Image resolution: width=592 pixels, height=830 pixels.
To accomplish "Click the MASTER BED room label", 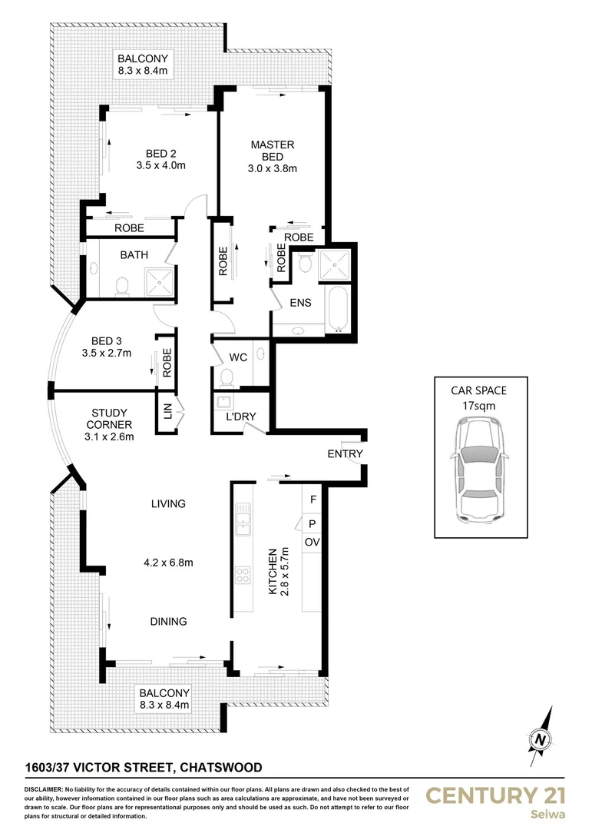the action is coord(272,151).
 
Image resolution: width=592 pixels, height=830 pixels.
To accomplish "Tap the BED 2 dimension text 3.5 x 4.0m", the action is coord(161,165).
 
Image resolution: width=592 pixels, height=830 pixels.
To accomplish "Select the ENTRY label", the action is coord(345,454).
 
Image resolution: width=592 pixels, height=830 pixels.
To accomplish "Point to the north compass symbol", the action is coord(543,739).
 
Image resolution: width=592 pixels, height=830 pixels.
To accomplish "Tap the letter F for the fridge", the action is coord(312,499).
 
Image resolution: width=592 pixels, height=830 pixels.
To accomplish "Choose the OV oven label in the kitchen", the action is coord(312,543).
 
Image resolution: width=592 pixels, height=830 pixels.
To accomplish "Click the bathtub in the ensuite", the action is coord(338,308).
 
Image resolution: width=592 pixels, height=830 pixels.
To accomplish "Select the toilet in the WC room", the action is coord(226,376).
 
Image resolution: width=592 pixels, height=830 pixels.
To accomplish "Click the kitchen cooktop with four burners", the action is coord(243,575).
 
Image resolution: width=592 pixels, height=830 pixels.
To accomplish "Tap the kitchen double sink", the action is coord(243,519).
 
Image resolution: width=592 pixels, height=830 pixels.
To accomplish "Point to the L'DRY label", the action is coord(240,417).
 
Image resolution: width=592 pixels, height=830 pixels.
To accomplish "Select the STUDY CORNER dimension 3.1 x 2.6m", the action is coord(108,437).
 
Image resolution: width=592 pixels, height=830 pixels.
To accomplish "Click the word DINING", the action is coord(168,621).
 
